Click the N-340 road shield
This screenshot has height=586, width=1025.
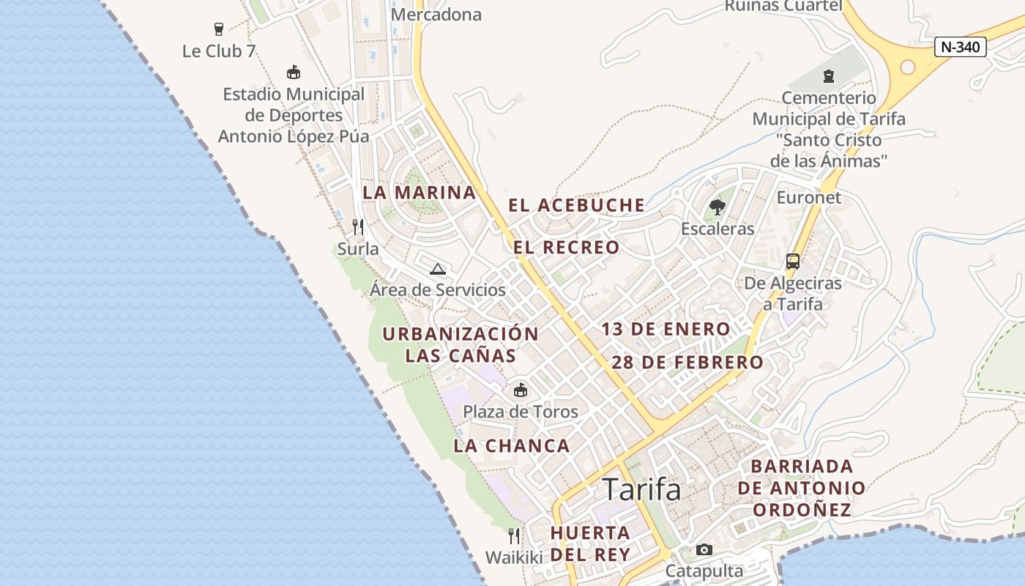click(x=961, y=47)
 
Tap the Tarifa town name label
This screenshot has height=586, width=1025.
click(x=641, y=489)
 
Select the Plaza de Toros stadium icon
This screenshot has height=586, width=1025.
click(x=521, y=390)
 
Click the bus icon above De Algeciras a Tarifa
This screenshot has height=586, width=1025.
click(x=792, y=262)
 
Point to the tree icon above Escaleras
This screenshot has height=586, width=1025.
click(x=717, y=207)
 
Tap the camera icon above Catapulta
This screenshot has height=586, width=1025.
click(x=704, y=549)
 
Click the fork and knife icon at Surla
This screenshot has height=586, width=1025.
click(x=358, y=227)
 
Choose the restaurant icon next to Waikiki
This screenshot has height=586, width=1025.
click(x=514, y=536)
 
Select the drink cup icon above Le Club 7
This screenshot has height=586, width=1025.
click(x=218, y=29)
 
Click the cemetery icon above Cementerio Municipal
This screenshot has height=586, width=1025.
click(x=828, y=75)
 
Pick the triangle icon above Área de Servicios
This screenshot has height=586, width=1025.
click(x=438, y=269)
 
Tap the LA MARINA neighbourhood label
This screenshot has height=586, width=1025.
click(x=420, y=193)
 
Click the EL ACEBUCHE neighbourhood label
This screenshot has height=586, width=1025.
click(x=577, y=206)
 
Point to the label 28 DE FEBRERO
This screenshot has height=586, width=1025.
click(x=687, y=363)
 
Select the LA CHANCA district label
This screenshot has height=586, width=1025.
click(x=511, y=446)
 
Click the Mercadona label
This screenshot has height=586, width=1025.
click(x=436, y=15)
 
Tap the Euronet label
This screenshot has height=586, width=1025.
click(x=808, y=198)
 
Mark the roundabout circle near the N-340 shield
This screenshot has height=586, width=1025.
click(x=907, y=67)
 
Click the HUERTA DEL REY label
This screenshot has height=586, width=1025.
click(x=590, y=544)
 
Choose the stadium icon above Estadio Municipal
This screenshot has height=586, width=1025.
click(x=294, y=72)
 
